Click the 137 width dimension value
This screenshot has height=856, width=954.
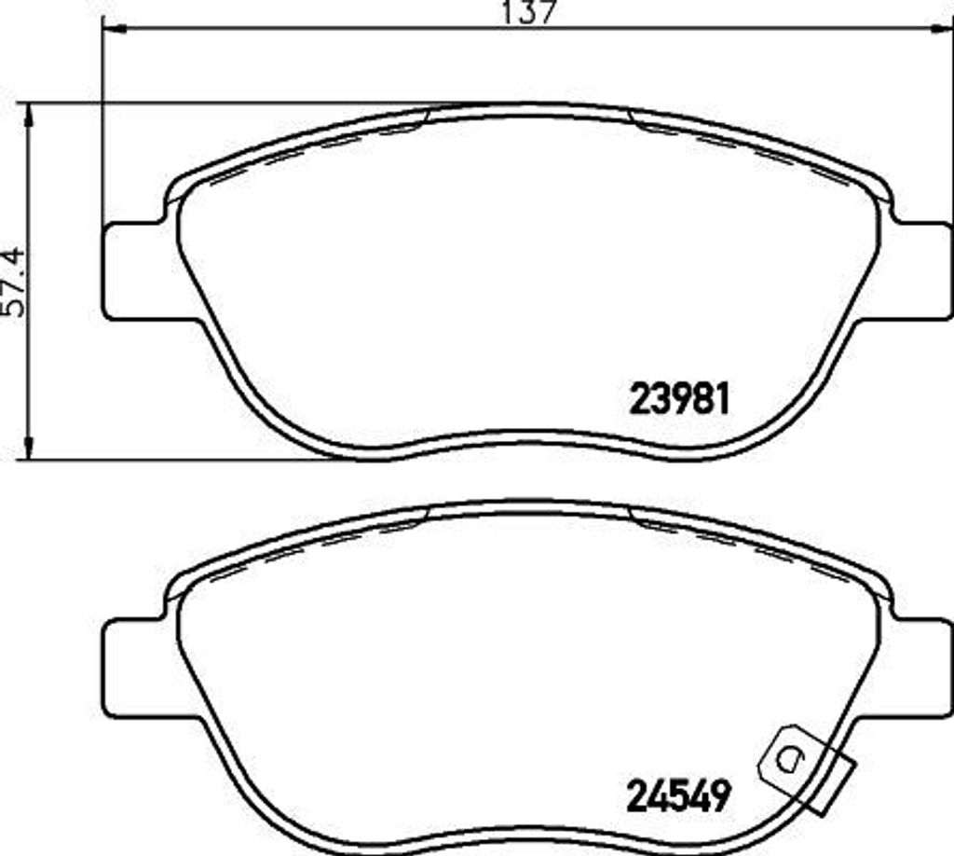pyautogui.click(x=528, y=12)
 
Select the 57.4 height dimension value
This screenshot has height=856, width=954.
pyautogui.click(x=15, y=281)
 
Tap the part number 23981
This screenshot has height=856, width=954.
pyautogui.click(x=679, y=400)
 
